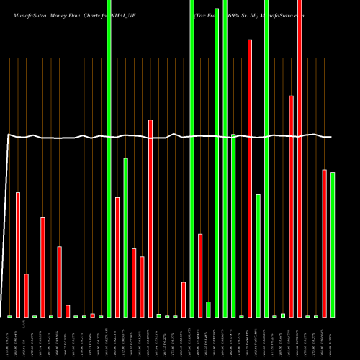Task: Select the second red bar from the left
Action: pyautogui.click(x=27, y=295)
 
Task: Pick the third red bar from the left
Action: pyautogui.click(x=43, y=267)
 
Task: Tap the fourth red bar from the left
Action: pyautogui.click(x=60, y=282)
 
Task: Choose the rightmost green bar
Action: pyautogui.click(x=333, y=245)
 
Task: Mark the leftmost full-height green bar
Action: pyautogui.click(x=109, y=158)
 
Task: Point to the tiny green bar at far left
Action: pyautogui.click(x=10, y=316)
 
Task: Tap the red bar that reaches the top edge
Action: pyautogui.click(x=300, y=158)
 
